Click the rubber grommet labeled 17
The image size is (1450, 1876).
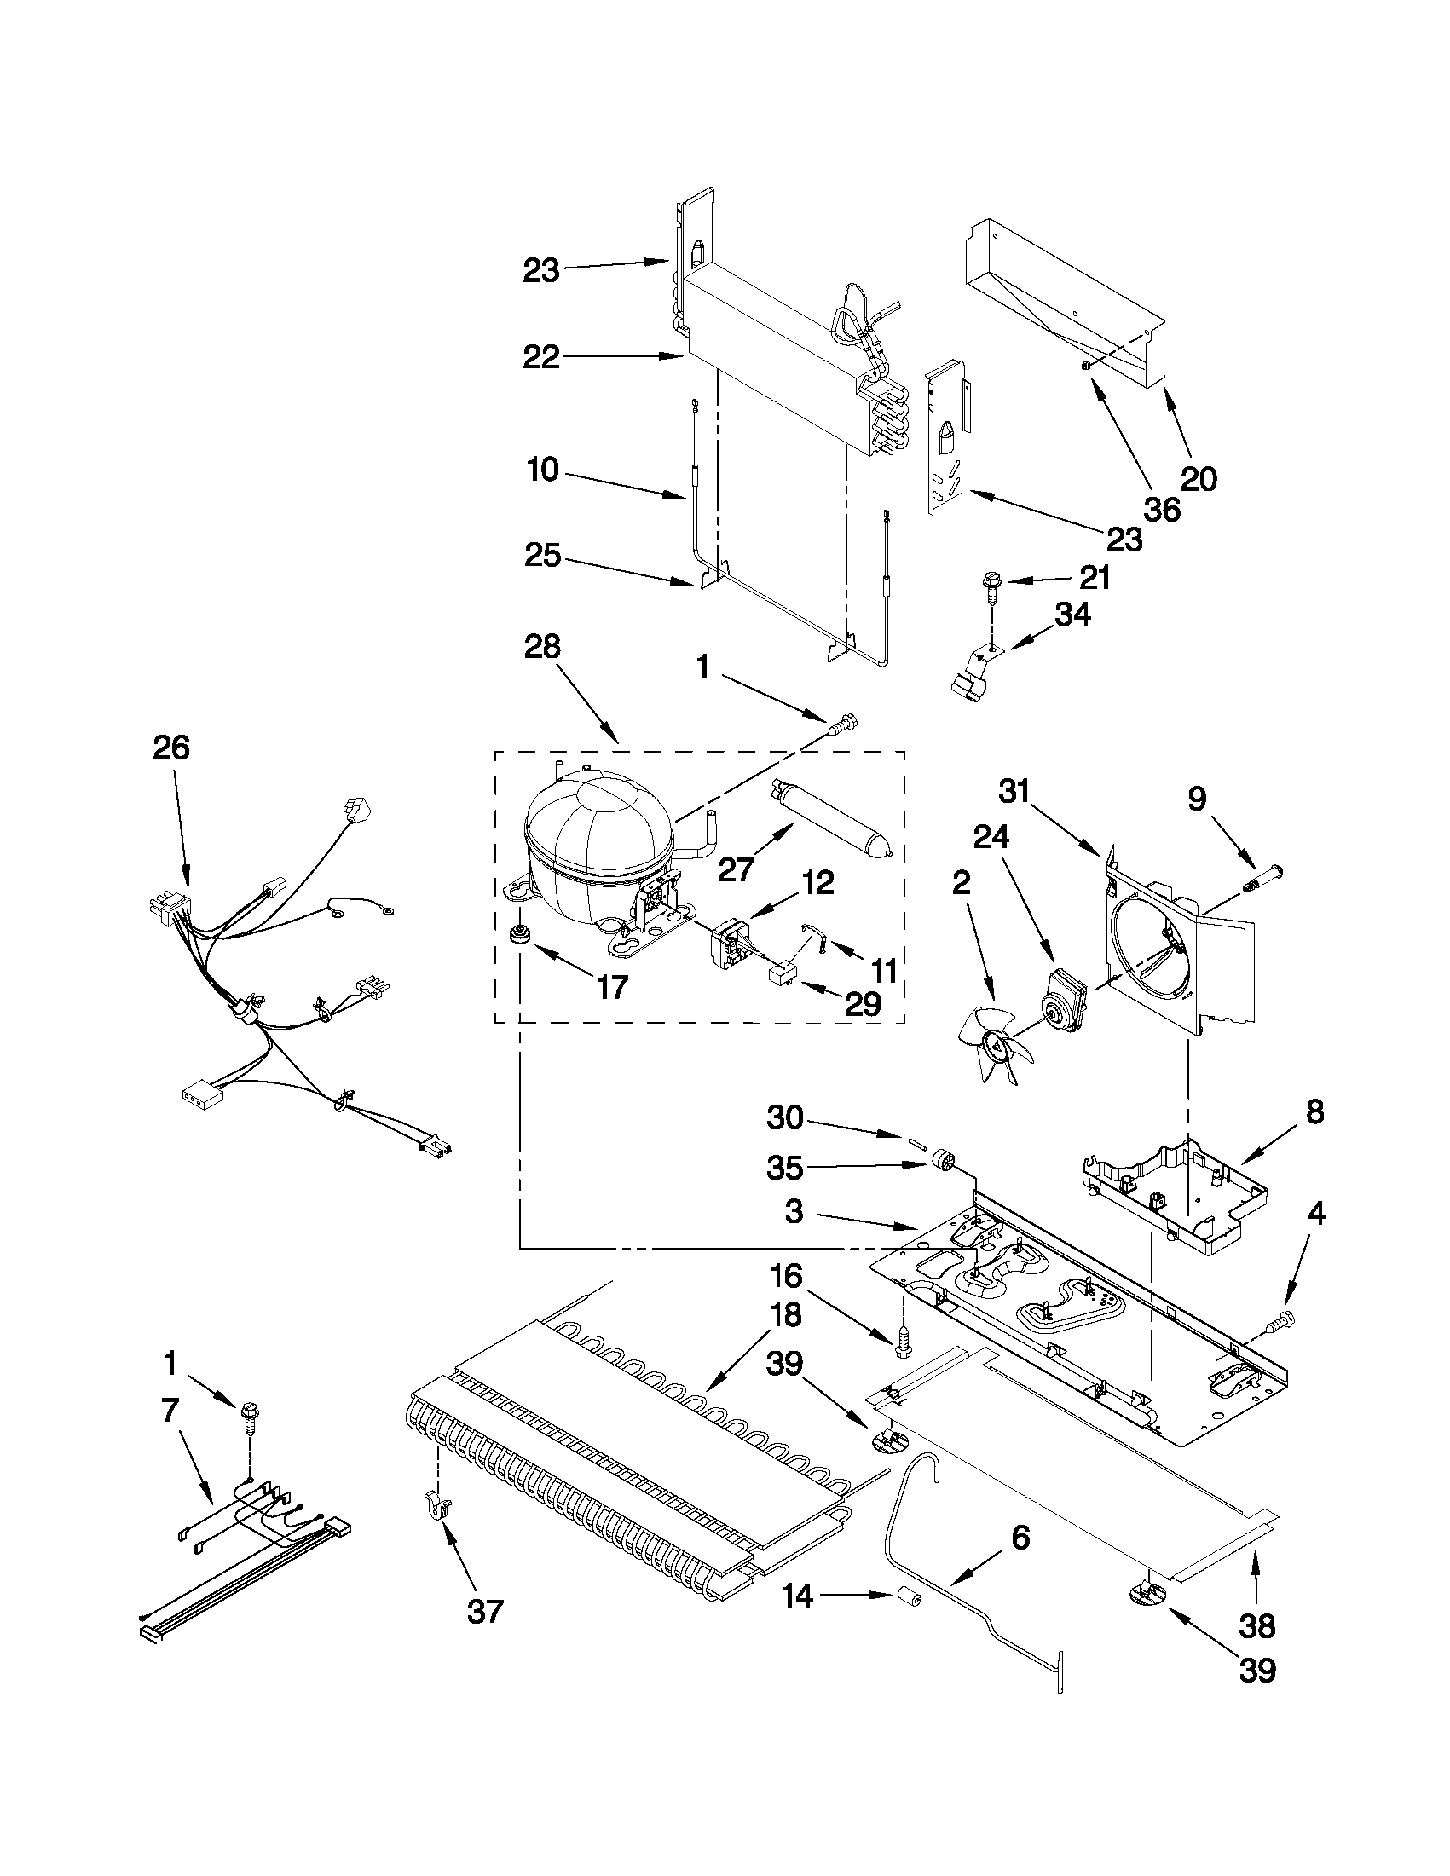coord(518,934)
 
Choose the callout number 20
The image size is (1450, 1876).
coord(1199,479)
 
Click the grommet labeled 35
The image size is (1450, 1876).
coord(943,1164)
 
